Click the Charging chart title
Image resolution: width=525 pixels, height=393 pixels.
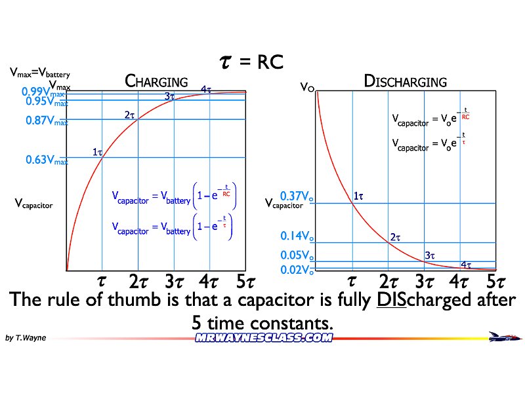[x=156, y=82]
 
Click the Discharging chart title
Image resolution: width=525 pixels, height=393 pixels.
[x=405, y=82]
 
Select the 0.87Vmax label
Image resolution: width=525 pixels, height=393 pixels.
[x=47, y=121]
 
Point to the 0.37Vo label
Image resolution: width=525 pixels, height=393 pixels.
[x=297, y=196]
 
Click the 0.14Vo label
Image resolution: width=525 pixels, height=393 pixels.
[x=297, y=236]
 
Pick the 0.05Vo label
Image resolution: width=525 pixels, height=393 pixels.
[x=297, y=255]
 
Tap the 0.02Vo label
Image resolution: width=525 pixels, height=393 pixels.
[x=297, y=270]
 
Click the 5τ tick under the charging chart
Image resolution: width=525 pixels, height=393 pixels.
[x=245, y=282]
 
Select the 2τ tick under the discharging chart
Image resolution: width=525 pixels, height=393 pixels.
[x=388, y=282]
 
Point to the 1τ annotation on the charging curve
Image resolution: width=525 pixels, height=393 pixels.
[x=97, y=152]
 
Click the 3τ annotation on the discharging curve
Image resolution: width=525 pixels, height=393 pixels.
[x=430, y=255]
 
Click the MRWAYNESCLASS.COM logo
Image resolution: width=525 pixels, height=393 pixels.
[x=264, y=338]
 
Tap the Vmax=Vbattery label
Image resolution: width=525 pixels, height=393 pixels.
[x=39, y=74]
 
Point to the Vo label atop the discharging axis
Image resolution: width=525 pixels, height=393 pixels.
[x=306, y=86]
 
